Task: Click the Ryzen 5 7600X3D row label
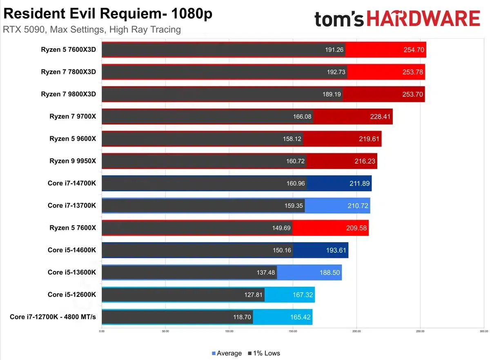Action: pos(68,50)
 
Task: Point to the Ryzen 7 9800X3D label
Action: pos(68,94)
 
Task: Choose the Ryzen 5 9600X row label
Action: pos(73,139)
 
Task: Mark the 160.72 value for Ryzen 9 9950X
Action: pos(296,161)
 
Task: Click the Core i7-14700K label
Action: pos(72,183)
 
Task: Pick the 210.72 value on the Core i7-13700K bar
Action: pos(358,206)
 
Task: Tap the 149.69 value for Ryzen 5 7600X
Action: pos(282,228)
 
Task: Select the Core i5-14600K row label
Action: pos(72,250)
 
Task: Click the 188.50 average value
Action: pos(330,272)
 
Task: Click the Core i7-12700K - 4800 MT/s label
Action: pos(53,317)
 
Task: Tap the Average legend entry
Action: pos(227,353)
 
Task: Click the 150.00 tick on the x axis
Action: pos(292,331)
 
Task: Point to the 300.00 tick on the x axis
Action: pos(483,331)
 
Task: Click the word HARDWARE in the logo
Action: pos(423,19)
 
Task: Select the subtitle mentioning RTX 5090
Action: pos(92,29)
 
